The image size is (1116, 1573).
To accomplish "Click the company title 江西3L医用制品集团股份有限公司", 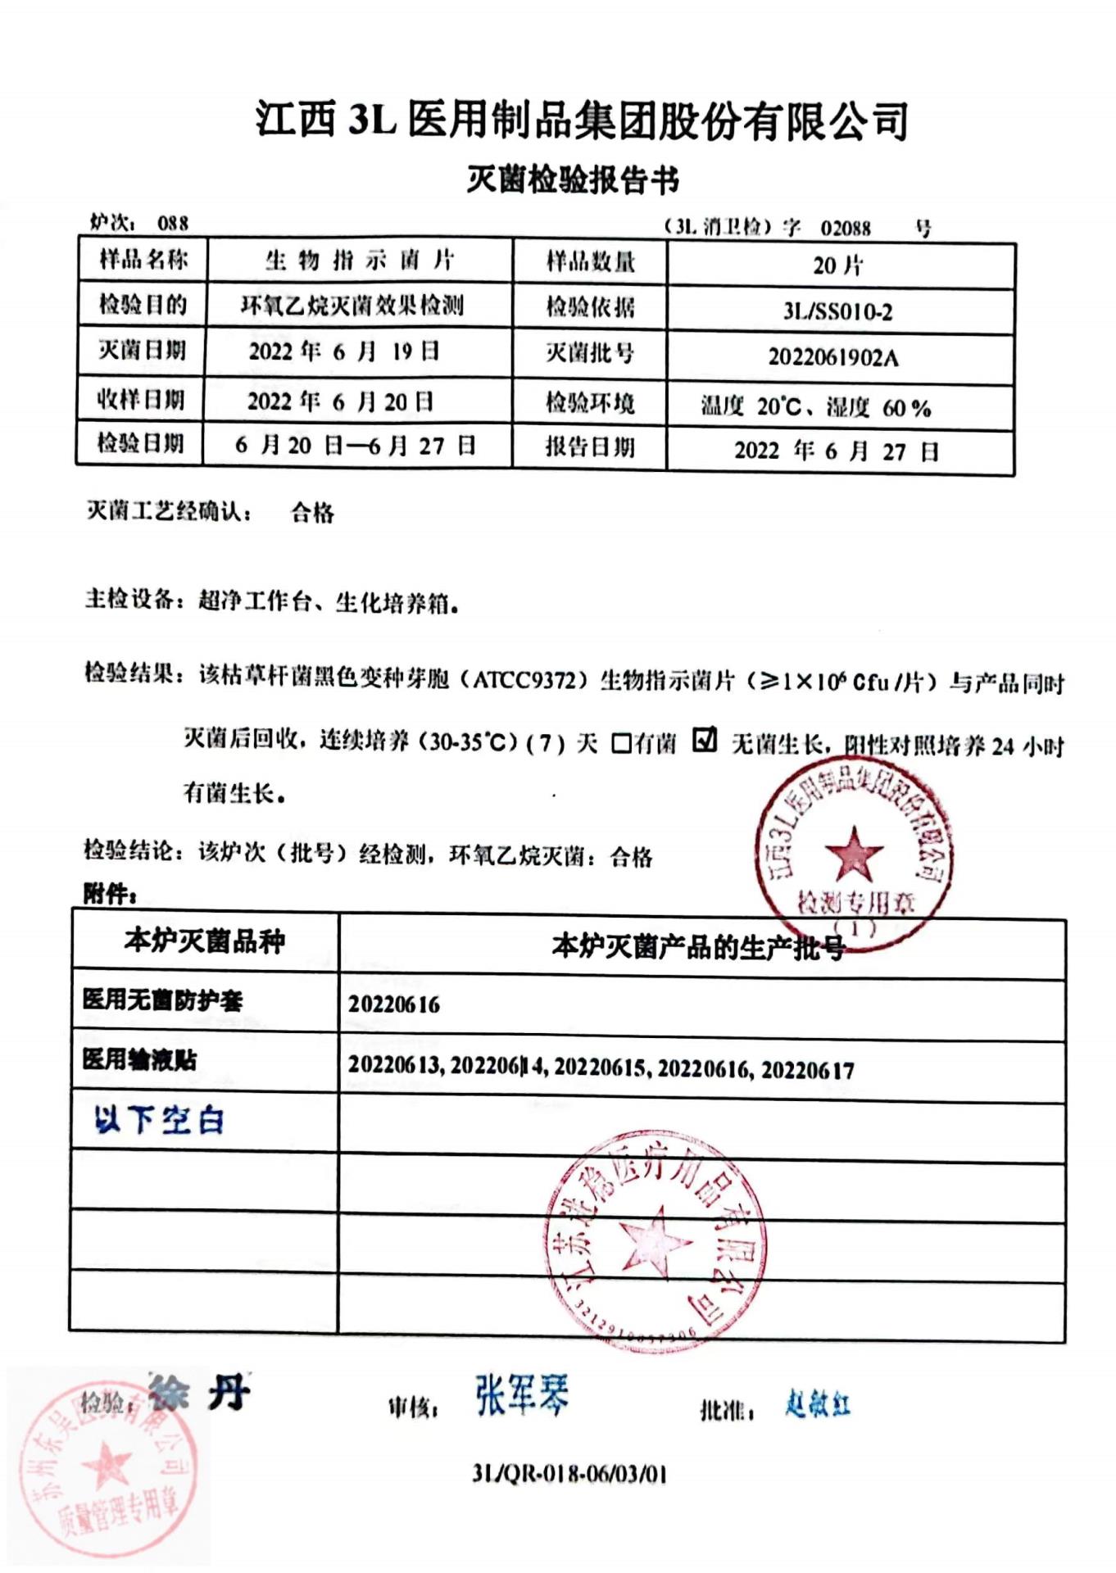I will pyautogui.click(x=581, y=120).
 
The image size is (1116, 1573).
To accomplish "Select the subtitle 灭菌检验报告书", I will pyautogui.click(x=573, y=179).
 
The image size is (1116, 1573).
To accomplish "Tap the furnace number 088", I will pyautogui.click(x=173, y=223).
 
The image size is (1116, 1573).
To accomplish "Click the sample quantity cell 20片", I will pyautogui.click(x=837, y=265).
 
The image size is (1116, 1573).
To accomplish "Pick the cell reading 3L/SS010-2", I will pyautogui.click(x=837, y=311).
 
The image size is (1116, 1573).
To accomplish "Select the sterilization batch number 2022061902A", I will pyautogui.click(x=832, y=357).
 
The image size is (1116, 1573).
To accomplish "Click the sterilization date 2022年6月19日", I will pyautogui.click(x=344, y=352).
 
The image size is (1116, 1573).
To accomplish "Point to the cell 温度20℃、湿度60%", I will pyautogui.click(x=815, y=407).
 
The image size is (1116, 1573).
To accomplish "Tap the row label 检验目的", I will pyautogui.click(x=143, y=305).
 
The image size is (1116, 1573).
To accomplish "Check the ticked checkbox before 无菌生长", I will pyautogui.click(x=705, y=740).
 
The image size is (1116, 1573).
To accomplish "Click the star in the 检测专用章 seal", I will pyautogui.click(x=854, y=853).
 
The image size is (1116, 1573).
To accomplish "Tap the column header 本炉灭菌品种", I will pyautogui.click(x=205, y=941).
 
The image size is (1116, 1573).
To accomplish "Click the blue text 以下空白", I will pyautogui.click(x=159, y=1119).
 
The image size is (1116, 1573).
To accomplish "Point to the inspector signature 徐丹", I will pyautogui.click(x=199, y=1393).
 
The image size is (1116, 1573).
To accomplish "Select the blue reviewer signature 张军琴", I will pyautogui.click(x=521, y=1395).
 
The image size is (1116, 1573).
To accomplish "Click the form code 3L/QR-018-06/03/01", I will pyautogui.click(x=569, y=1474).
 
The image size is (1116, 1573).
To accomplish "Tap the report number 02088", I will pyautogui.click(x=845, y=228).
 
